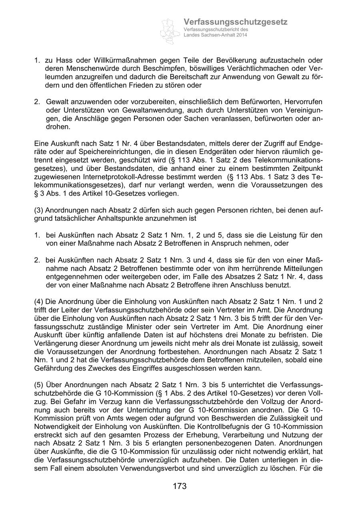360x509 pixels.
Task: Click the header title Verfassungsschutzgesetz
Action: [236, 22]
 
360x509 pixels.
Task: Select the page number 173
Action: [180, 486]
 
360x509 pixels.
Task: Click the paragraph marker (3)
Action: [39, 210]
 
